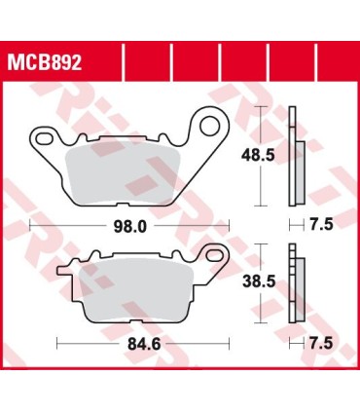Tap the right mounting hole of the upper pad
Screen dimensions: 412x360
pyautogui.click(x=210, y=124)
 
